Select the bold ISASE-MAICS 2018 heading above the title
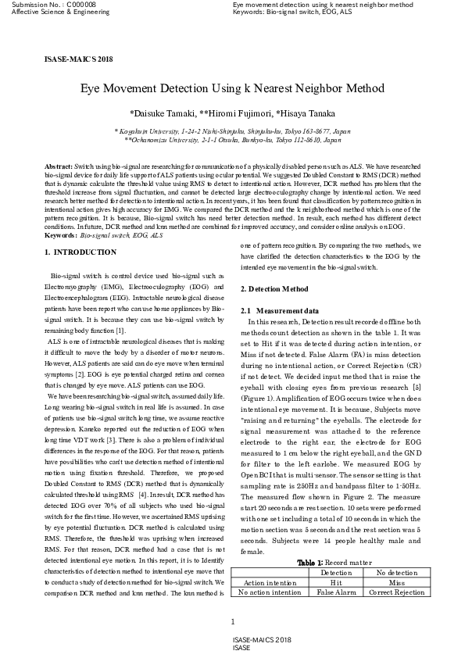point(78,59)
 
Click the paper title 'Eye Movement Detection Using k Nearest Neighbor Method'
point(232,89)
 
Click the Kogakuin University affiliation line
point(232,132)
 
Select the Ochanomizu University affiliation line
point(232,141)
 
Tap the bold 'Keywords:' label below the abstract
point(61,235)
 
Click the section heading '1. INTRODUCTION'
point(80,252)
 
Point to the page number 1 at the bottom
point(233,622)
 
